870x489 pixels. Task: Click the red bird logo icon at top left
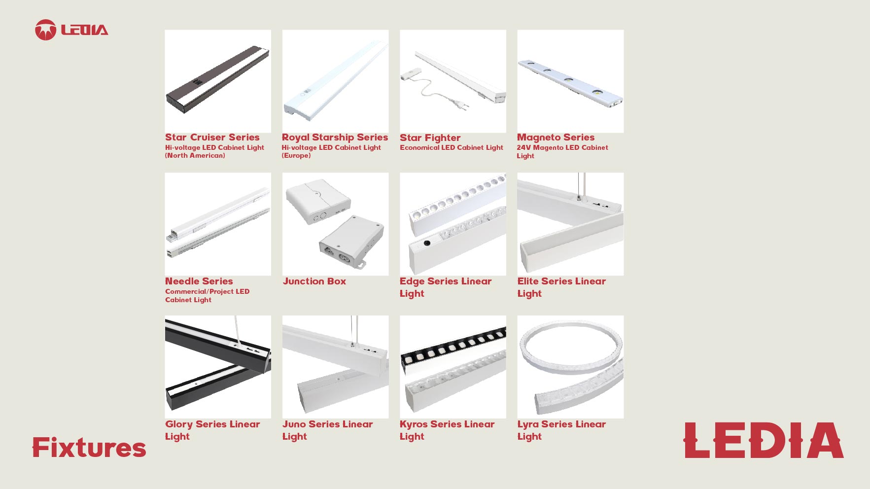pyautogui.click(x=45, y=30)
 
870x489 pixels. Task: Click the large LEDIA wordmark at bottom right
pyautogui.click(x=764, y=440)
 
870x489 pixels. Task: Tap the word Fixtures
pyautogui.click(x=89, y=448)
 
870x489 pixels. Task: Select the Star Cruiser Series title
pyautogui.click(x=212, y=137)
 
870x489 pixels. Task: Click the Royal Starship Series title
pyautogui.click(x=335, y=138)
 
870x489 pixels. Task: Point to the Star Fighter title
pyautogui.click(x=430, y=138)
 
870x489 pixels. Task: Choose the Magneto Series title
pyautogui.click(x=556, y=138)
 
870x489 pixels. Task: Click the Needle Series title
pyautogui.click(x=199, y=281)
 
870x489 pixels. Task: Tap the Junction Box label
pyautogui.click(x=314, y=281)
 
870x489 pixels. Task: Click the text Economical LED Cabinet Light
pyautogui.click(x=452, y=147)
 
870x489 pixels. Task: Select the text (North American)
pyautogui.click(x=195, y=156)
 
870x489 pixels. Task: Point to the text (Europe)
pyautogui.click(x=296, y=156)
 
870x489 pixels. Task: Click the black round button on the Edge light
pyautogui.click(x=427, y=243)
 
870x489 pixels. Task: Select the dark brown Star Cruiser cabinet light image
pyautogui.click(x=218, y=79)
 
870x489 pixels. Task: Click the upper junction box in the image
pyautogui.click(x=318, y=201)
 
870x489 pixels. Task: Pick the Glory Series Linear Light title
pyautogui.click(x=212, y=430)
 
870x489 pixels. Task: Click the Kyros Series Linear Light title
pyautogui.click(x=447, y=430)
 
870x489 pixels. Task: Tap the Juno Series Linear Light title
pyautogui.click(x=327, y=430)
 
